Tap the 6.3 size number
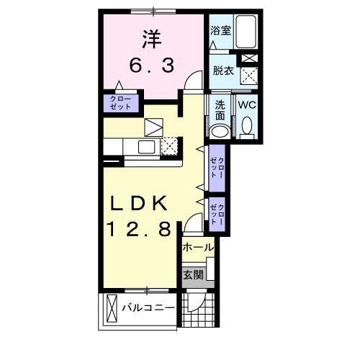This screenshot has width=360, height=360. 152,66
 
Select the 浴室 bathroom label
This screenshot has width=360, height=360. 220,31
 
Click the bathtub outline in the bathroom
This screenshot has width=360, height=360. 246,32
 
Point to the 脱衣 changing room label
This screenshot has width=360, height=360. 220,71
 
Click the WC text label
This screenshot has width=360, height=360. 247,104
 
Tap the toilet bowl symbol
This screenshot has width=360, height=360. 247,127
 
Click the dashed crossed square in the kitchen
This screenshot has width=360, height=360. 169,145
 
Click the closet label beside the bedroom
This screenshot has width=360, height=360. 120,102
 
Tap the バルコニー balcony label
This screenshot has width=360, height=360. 148,308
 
